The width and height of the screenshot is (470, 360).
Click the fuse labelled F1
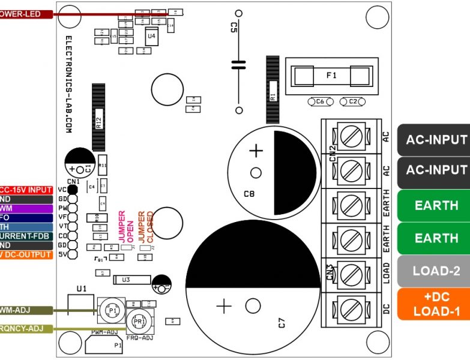(x=331, y=76)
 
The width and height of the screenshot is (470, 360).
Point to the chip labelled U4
(x=151, y=36)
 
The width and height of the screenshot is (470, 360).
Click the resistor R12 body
(x=98, y=117)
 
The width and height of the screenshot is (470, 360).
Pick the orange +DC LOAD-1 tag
(x=436, y=304)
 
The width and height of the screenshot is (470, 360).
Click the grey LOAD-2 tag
(x=436, y=271)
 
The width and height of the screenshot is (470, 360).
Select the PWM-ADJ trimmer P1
(x=110, y=309)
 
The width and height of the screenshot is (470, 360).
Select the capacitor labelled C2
(x=352, y=102)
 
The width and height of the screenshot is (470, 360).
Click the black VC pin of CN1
(x=73, y=190)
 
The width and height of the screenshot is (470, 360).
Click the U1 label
(x=82, y=289)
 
